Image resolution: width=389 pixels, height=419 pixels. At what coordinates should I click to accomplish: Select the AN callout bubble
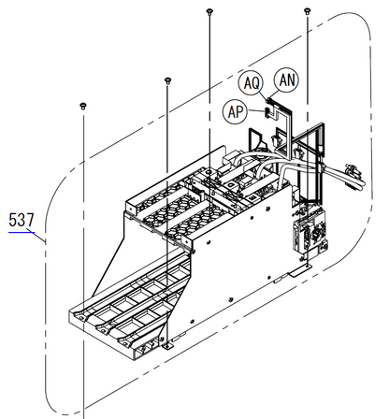[287, 80]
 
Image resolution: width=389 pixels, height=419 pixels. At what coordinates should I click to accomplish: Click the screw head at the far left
[82, 108]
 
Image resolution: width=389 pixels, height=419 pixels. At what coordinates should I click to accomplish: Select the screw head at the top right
[308, 10]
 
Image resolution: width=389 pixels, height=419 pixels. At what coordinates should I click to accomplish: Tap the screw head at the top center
[209, 10]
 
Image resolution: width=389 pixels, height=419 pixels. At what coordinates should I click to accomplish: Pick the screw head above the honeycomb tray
[166, 79]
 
